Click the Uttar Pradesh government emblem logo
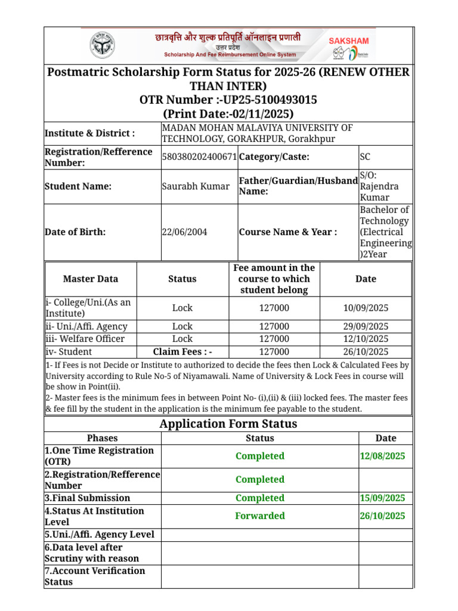[104, 46]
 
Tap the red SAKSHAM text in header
[349, 41]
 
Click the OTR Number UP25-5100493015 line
[228, 100]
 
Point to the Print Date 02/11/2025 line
[228, 114]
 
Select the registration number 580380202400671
[199, 157]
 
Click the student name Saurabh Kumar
[196, 186]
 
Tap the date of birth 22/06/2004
[184, 232]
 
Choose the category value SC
[365, 157]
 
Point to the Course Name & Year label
[288, 232]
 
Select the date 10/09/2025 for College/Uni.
[366, 308]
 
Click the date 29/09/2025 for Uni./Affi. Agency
[366, 326]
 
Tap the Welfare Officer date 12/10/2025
[366, 339]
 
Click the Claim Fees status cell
[182, 352]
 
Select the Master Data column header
[91, 279]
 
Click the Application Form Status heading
[228, 424]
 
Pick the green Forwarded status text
[260, 516]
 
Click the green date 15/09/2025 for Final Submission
[382, 498]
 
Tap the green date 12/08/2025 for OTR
[382, 456]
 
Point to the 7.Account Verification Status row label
[95, 576]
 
